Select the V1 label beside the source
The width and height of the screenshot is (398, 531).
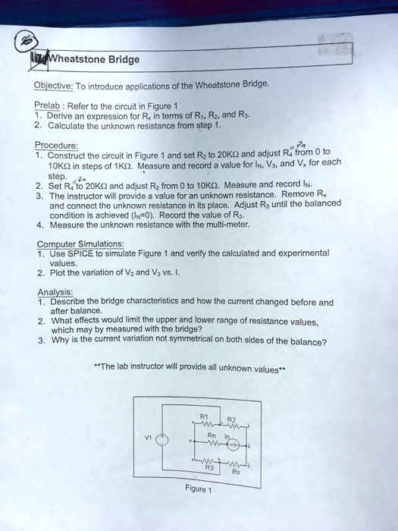(x=149, y=438)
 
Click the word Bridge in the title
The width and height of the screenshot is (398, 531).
(x=121, y=59)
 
